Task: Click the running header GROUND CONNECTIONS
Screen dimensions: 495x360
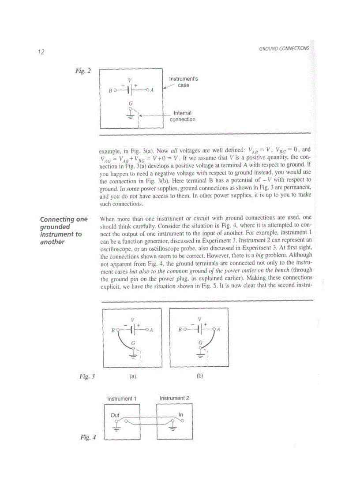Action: coord(284,48)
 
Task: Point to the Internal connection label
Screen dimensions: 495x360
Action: coord(182,116)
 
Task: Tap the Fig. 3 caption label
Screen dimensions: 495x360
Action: coord(87,376)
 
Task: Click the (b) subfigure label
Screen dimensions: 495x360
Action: coord(199,377)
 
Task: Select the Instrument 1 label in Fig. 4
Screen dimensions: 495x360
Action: coord(122,398)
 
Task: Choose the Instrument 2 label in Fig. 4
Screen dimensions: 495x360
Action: coord(174,398)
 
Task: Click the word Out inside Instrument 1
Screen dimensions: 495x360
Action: coord(115,415)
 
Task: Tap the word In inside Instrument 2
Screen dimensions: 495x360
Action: coord(181,415)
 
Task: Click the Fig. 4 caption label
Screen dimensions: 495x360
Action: coord(88,437)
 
